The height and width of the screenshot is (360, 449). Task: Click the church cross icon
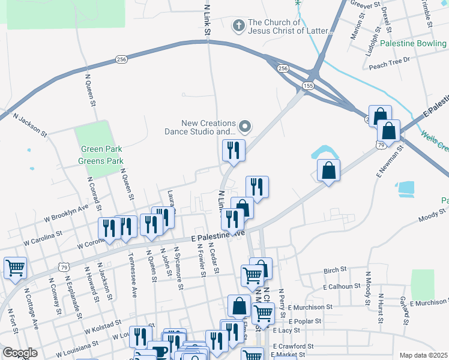click(238, 26)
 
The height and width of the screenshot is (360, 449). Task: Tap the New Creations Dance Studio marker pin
click(245, 127)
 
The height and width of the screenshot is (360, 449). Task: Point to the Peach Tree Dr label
click(389, 59)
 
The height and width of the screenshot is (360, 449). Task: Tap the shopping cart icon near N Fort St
click(16, 268)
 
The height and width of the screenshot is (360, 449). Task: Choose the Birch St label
click(331, 271)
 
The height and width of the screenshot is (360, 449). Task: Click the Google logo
click(20, 353)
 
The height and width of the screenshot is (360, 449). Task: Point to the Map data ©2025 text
click(423, 355)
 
